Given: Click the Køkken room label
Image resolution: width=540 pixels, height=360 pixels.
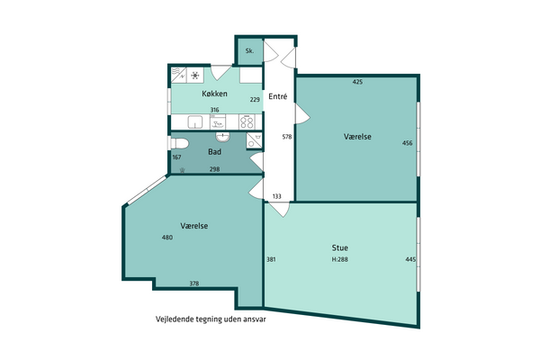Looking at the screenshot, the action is pos(214,94).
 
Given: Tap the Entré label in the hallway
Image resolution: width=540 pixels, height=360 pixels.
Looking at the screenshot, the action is pos(277,96).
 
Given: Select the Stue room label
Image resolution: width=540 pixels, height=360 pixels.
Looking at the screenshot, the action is pos(340,247).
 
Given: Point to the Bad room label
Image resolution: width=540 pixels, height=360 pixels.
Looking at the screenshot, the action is pos(214,151).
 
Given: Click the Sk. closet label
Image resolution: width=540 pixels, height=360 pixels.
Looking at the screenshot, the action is pos(249,51).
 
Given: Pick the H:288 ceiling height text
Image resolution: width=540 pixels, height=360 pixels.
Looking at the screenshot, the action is pos(340,259).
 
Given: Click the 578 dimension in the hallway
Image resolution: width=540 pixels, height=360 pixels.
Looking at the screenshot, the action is pos(287,137).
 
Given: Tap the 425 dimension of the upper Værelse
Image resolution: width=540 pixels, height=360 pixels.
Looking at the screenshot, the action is pos(358,82).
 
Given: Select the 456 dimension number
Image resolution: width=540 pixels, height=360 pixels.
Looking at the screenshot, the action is pos(407,143).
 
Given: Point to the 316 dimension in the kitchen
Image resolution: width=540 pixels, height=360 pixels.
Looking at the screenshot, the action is pos(214,110).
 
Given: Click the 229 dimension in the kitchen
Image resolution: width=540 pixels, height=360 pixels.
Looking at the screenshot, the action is pos(255,100).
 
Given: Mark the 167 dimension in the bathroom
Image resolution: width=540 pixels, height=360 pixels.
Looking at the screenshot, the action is pos(176,157).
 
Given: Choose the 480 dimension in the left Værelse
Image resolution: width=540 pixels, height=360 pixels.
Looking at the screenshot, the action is pos(167,238).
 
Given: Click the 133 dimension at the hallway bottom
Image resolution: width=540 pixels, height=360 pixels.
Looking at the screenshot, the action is pos(277,196).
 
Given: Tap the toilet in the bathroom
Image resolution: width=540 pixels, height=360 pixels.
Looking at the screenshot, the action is pos(179,143).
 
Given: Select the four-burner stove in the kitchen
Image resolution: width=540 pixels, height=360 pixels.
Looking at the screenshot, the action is pos(247,121).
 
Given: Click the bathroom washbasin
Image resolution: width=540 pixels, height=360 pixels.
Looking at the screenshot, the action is pos(223,137).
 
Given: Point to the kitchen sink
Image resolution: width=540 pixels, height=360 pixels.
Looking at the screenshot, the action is pos(195,122).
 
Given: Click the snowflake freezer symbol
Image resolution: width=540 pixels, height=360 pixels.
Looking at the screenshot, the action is pos(195,75).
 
